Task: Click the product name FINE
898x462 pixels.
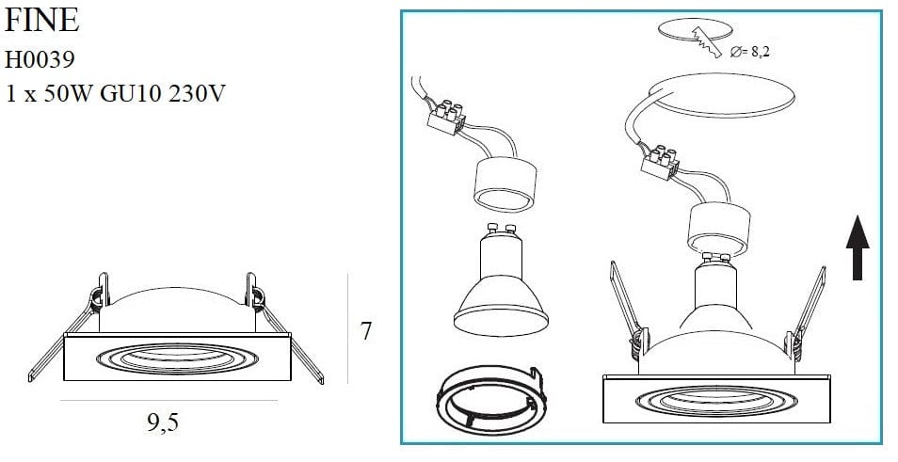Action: tap(42, 23)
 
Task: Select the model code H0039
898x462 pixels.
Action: tap(39, 60)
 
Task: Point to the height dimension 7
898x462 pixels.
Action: tap(366, 331)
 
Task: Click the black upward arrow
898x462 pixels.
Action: tap(857, 247)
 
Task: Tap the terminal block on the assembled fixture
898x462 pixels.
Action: tap(663, 161)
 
